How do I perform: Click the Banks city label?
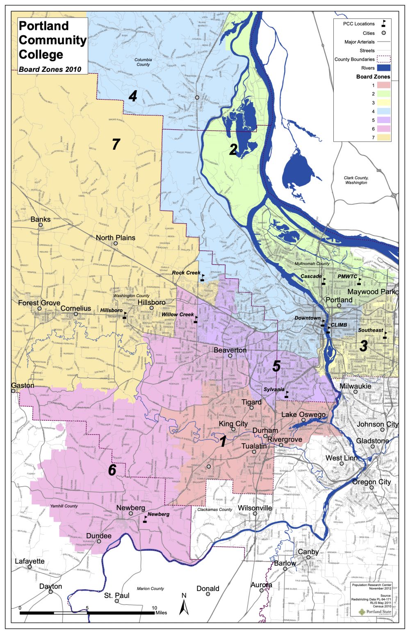tap(41, 220)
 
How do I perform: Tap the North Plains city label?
tap(115, 238)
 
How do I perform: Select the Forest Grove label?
tap(39, 303)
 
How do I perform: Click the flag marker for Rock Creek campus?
tap(202, 279)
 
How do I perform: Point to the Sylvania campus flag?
tap(287, 394)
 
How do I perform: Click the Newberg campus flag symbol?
tap(145, 520)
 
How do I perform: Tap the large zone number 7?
tap(116, 144)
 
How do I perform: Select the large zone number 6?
tap(112, 470)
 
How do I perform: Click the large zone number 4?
tap(132, 96)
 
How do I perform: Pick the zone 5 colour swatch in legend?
tap(383, 120)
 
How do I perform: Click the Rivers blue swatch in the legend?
tap(383, 68)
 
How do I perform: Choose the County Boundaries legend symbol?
tap(383, 60)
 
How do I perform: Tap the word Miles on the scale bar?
tap(161, 613)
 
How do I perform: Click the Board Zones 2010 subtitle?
tap(50, 69)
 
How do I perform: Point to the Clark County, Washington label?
tap(356, 180)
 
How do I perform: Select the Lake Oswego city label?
tap(303, 414)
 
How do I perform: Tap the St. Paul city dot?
tap(117, 601)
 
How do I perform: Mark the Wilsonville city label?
tap(255, 508)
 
